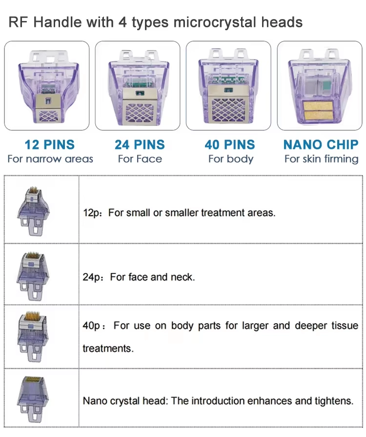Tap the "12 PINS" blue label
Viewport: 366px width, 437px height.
pyautogui.click(x=50, y=145)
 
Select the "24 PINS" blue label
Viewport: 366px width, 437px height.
pyautogui.click(x=140, y=145)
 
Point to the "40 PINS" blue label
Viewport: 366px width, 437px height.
pyautogui.click(x=230, y=145)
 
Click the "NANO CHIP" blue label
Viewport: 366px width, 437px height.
pyautogui.click(x=321, y=145)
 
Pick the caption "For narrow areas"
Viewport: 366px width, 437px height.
pyautogui.click(x=50, y=159)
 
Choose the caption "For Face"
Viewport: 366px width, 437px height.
pyautogui.click(x=140, y=159)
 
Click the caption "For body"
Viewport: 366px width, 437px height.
pyautogui.click(x=230, y=159)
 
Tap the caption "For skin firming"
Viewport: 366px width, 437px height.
pyautogui.click(x=321, y=159)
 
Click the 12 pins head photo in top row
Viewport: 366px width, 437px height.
pyautogui.click(x=47, y=85)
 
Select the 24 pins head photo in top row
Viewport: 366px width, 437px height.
pyautogui.click(x=138, y=85)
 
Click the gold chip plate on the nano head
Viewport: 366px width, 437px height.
pyautogui.click(x=320, y=109)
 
